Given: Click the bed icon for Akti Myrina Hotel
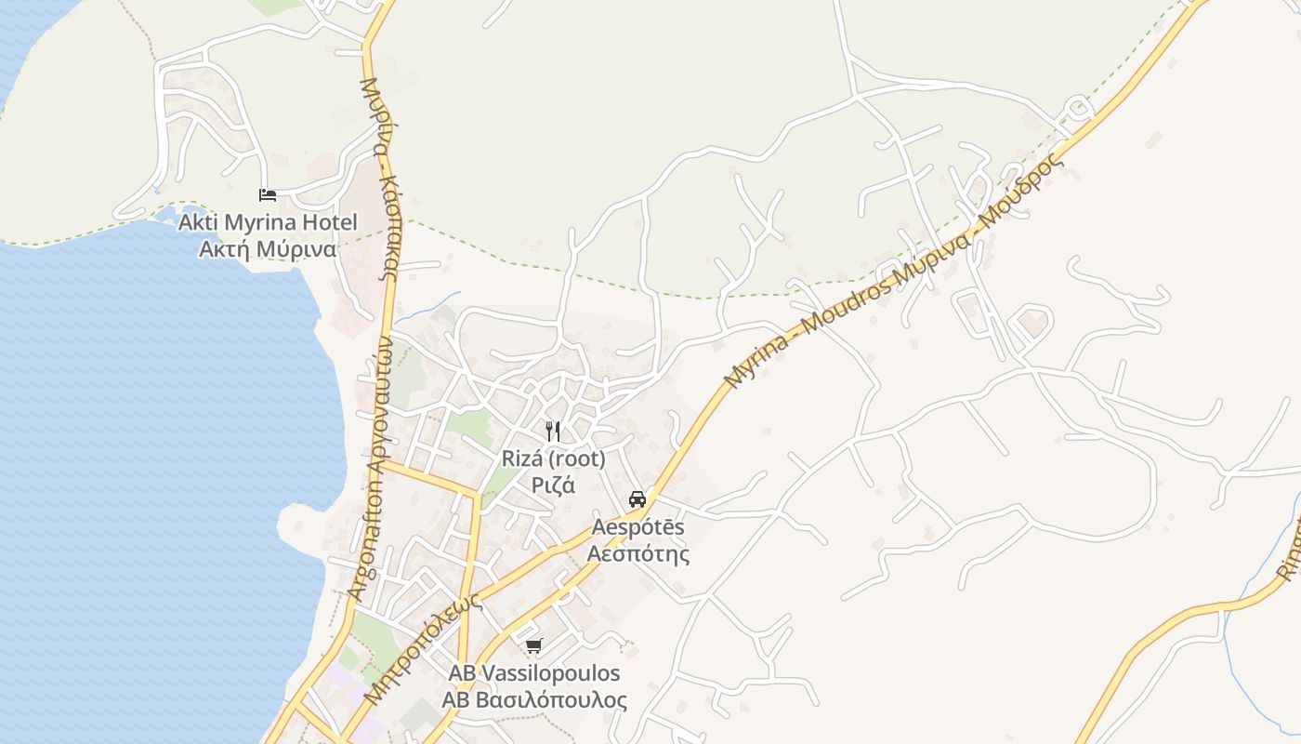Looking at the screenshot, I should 268,195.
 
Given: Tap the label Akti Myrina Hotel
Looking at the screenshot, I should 268,223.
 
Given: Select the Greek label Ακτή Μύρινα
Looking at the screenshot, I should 268,249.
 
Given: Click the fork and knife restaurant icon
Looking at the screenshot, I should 553,431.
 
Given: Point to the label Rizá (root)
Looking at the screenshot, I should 553,458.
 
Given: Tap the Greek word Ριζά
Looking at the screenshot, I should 553,485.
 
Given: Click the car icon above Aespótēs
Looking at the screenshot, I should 637,498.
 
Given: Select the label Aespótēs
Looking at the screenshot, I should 638,527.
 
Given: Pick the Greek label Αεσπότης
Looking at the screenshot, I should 638,554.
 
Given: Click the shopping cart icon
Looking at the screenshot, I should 533,645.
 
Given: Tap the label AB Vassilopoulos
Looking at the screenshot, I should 534,673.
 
